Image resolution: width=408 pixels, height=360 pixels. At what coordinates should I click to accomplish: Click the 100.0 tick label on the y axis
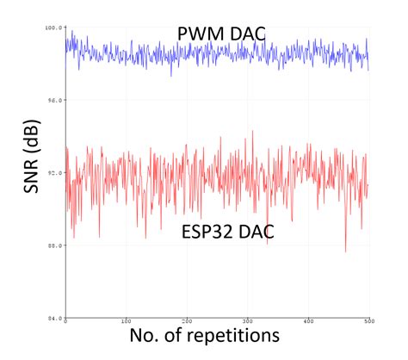tap(54, 28)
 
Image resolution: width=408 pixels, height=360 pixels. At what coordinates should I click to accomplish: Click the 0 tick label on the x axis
tap(66, 324)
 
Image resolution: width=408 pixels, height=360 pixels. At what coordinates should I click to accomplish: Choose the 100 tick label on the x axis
tap(127, 324)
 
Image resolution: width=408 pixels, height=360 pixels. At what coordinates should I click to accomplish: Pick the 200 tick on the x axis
tap(187, 324)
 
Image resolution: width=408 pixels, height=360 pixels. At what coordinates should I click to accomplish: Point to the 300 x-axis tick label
tap(248, 324)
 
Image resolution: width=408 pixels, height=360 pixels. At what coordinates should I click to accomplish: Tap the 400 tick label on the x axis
tap(308, 324)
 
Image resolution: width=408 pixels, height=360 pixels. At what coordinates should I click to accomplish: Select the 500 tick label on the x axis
tap(368, 324)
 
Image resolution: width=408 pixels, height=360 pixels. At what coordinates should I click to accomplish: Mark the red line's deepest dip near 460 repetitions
tap(346, 251)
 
